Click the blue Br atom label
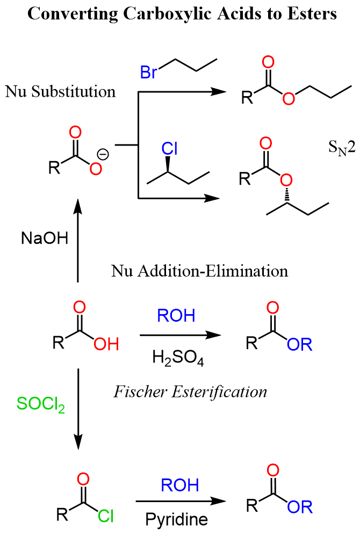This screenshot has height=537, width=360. coord(148,72)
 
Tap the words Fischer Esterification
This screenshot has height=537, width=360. coord(190,391)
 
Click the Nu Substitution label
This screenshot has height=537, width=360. coord(60,91)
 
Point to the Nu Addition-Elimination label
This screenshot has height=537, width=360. coord(200,271)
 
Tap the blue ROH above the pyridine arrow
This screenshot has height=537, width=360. coord(178,485)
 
